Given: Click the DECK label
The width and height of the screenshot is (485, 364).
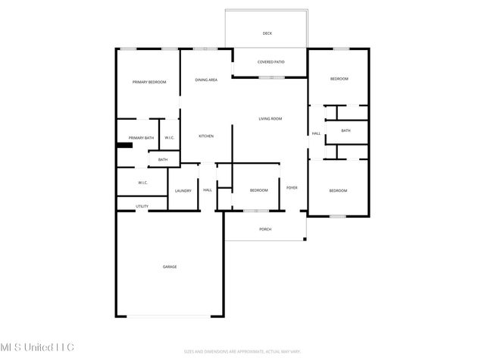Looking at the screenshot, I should click(267, 33).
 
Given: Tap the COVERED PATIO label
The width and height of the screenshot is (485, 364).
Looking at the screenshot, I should click(270, 62).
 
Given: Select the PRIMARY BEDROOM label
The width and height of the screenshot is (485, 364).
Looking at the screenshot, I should click(149, 82).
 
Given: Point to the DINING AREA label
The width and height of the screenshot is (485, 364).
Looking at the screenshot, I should click(206, 80).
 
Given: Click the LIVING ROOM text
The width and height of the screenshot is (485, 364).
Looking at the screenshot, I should click(270, 119).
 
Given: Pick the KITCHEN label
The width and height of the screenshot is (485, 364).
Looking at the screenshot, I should click(206, 136).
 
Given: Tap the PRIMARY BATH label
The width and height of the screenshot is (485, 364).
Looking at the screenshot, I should click(141, 137).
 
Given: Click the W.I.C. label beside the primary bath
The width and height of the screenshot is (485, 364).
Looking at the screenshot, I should click(170, 137).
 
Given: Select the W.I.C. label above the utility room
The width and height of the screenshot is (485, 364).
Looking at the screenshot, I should click(142, 183).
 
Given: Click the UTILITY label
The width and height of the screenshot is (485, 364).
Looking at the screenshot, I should click(142, 206).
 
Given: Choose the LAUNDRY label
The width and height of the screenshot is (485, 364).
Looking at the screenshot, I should click(183, 190).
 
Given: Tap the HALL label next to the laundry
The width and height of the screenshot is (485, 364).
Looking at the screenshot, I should click(207, 190).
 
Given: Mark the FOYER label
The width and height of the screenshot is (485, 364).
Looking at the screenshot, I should click(292, 187).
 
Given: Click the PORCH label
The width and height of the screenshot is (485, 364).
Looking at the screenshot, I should click(265, 229).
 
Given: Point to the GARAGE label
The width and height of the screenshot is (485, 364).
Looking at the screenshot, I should click(170, 266).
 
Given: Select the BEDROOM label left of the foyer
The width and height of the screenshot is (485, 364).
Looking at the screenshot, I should click(259, 190).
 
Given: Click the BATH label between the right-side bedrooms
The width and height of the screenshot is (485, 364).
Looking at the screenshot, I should click(346, 130).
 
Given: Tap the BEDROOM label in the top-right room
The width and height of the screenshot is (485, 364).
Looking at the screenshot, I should click(339, 79).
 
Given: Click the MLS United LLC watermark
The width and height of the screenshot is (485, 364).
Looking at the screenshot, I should click(37, 347).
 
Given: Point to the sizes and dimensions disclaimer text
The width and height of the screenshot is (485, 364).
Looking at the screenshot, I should click(242, 351).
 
